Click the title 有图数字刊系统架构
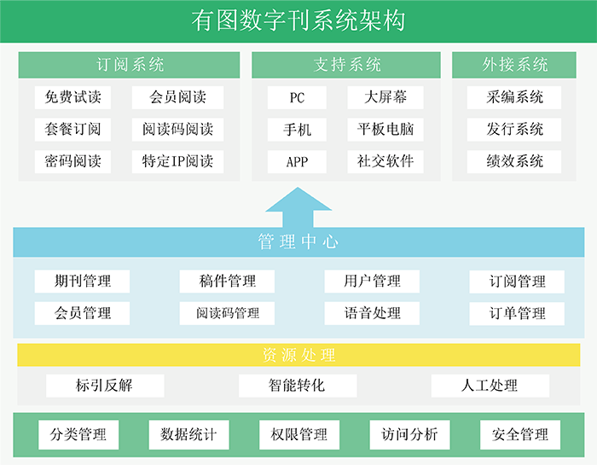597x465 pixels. coord(298,20)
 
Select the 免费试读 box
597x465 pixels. coord(72,97)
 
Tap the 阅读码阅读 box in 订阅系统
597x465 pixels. coord(177,130)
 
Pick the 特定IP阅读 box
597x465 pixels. coord(177,161)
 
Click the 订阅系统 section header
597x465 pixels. coord(130,65)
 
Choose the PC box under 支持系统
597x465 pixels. coord(297,97)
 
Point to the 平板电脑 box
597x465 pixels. coord(385,130)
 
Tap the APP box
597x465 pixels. coord(297,161)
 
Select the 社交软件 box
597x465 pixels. coord(385,161)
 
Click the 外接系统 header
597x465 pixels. coord(514,65)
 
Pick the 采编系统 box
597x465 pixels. coord(514,97)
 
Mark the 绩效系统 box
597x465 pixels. coord(514,161)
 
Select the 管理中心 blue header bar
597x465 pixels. coord(298,242)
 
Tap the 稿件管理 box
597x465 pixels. coord(228,281)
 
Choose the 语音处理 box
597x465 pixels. coord(373,313)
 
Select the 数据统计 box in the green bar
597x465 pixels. coord(188,435)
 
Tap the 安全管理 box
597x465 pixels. coord(520,435)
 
